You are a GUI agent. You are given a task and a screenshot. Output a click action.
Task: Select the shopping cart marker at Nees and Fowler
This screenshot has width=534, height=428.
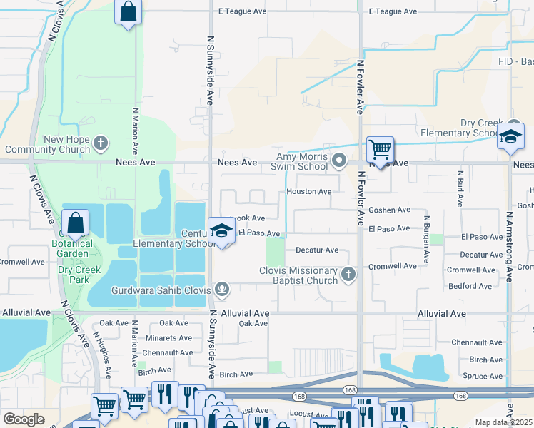tap(380, 150)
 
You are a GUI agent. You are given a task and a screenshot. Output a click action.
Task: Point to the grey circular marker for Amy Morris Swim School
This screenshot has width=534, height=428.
tap(340, 160)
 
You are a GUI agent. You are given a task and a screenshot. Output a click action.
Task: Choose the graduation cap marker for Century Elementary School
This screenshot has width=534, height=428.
tap(221, 230)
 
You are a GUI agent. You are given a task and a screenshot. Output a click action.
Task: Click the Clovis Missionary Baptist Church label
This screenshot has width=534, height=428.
tap(298, 275)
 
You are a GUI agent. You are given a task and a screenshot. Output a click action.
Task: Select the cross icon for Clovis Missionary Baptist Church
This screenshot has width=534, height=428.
tap(348, 275)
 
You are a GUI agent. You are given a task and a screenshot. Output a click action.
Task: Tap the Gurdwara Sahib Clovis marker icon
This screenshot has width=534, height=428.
tap(222, 289)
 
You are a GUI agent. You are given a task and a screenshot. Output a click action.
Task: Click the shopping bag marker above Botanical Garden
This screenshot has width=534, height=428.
tap(75, 223)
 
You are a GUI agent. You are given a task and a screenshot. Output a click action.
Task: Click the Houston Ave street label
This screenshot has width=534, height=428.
tap(308, 191)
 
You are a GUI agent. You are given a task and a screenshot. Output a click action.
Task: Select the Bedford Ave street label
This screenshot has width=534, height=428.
tap(470, 286)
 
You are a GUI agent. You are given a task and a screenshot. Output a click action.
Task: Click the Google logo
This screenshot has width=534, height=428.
tap(24, 419)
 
